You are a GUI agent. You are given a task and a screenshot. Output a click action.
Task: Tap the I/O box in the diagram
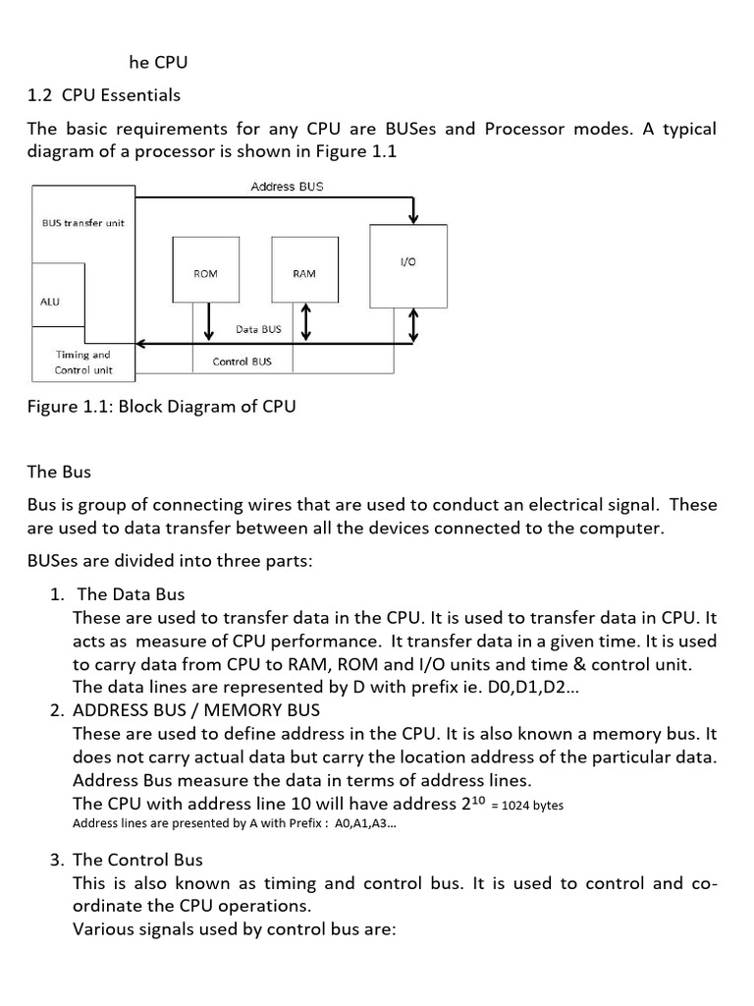click(x=408, y=263)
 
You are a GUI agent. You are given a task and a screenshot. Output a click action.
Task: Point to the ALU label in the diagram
click(x=50, y=302)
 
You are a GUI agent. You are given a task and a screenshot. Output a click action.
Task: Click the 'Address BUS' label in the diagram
click(x=287, y=187)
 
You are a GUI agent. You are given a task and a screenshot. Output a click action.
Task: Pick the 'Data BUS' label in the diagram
click(x=258, y=329)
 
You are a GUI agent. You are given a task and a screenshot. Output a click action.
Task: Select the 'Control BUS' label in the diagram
click(x=242, y=362)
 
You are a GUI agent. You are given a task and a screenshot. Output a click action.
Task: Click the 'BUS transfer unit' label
click(x=83, y=223)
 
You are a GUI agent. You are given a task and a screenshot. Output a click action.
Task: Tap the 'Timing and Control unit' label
click(x=83, y=363)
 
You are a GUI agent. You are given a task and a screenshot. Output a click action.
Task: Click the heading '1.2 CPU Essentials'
click(x=104, y=95)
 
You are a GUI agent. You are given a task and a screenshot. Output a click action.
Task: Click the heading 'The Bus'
click(x=59, y=472)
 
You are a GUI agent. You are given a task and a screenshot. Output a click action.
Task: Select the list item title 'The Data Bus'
click(x=131, y=594)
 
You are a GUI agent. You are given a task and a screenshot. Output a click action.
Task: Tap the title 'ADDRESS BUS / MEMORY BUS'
click(x=196, y=709)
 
